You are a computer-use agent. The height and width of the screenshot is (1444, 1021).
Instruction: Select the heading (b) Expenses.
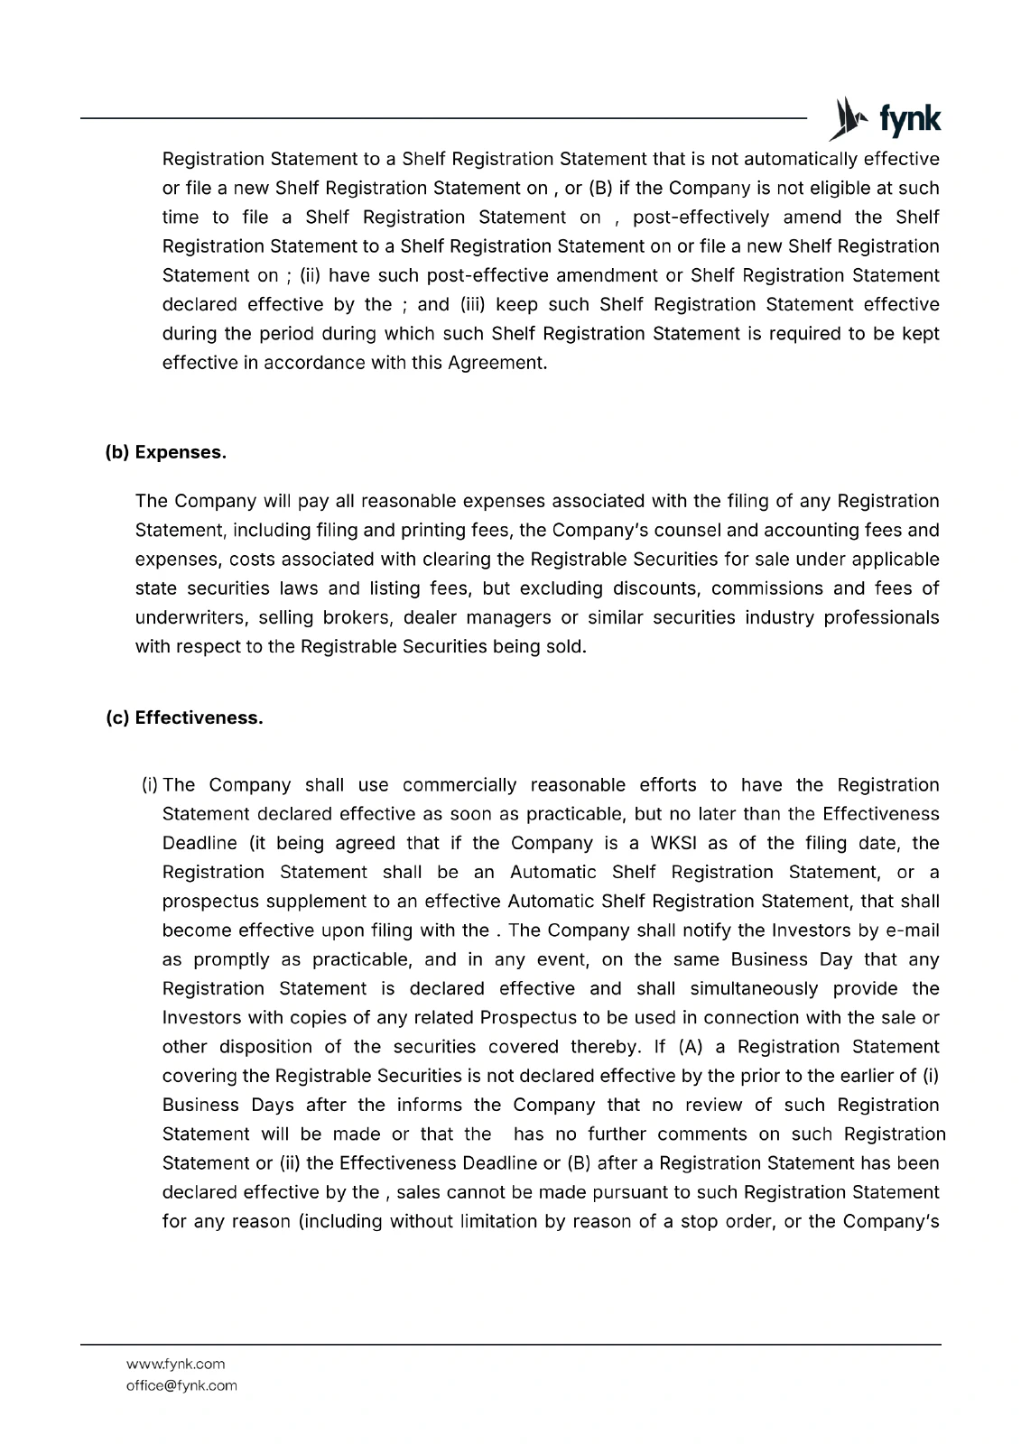pyautogui.click(x=165, y=452)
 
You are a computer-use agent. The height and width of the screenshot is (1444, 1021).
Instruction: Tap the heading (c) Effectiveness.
pyautogui.click(x=184, y=718)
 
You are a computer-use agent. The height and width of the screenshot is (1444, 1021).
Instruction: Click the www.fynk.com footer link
pyautogui.click(x=175, y=1364)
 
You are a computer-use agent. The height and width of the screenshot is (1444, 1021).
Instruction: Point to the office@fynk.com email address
pyautogui.click(x=181, y=1385)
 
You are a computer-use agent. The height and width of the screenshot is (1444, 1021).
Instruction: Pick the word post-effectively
pyautogui.click(x=701, y=218)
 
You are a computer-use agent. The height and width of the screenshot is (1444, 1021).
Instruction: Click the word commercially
pyautogui.click(x=459, y=785)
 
